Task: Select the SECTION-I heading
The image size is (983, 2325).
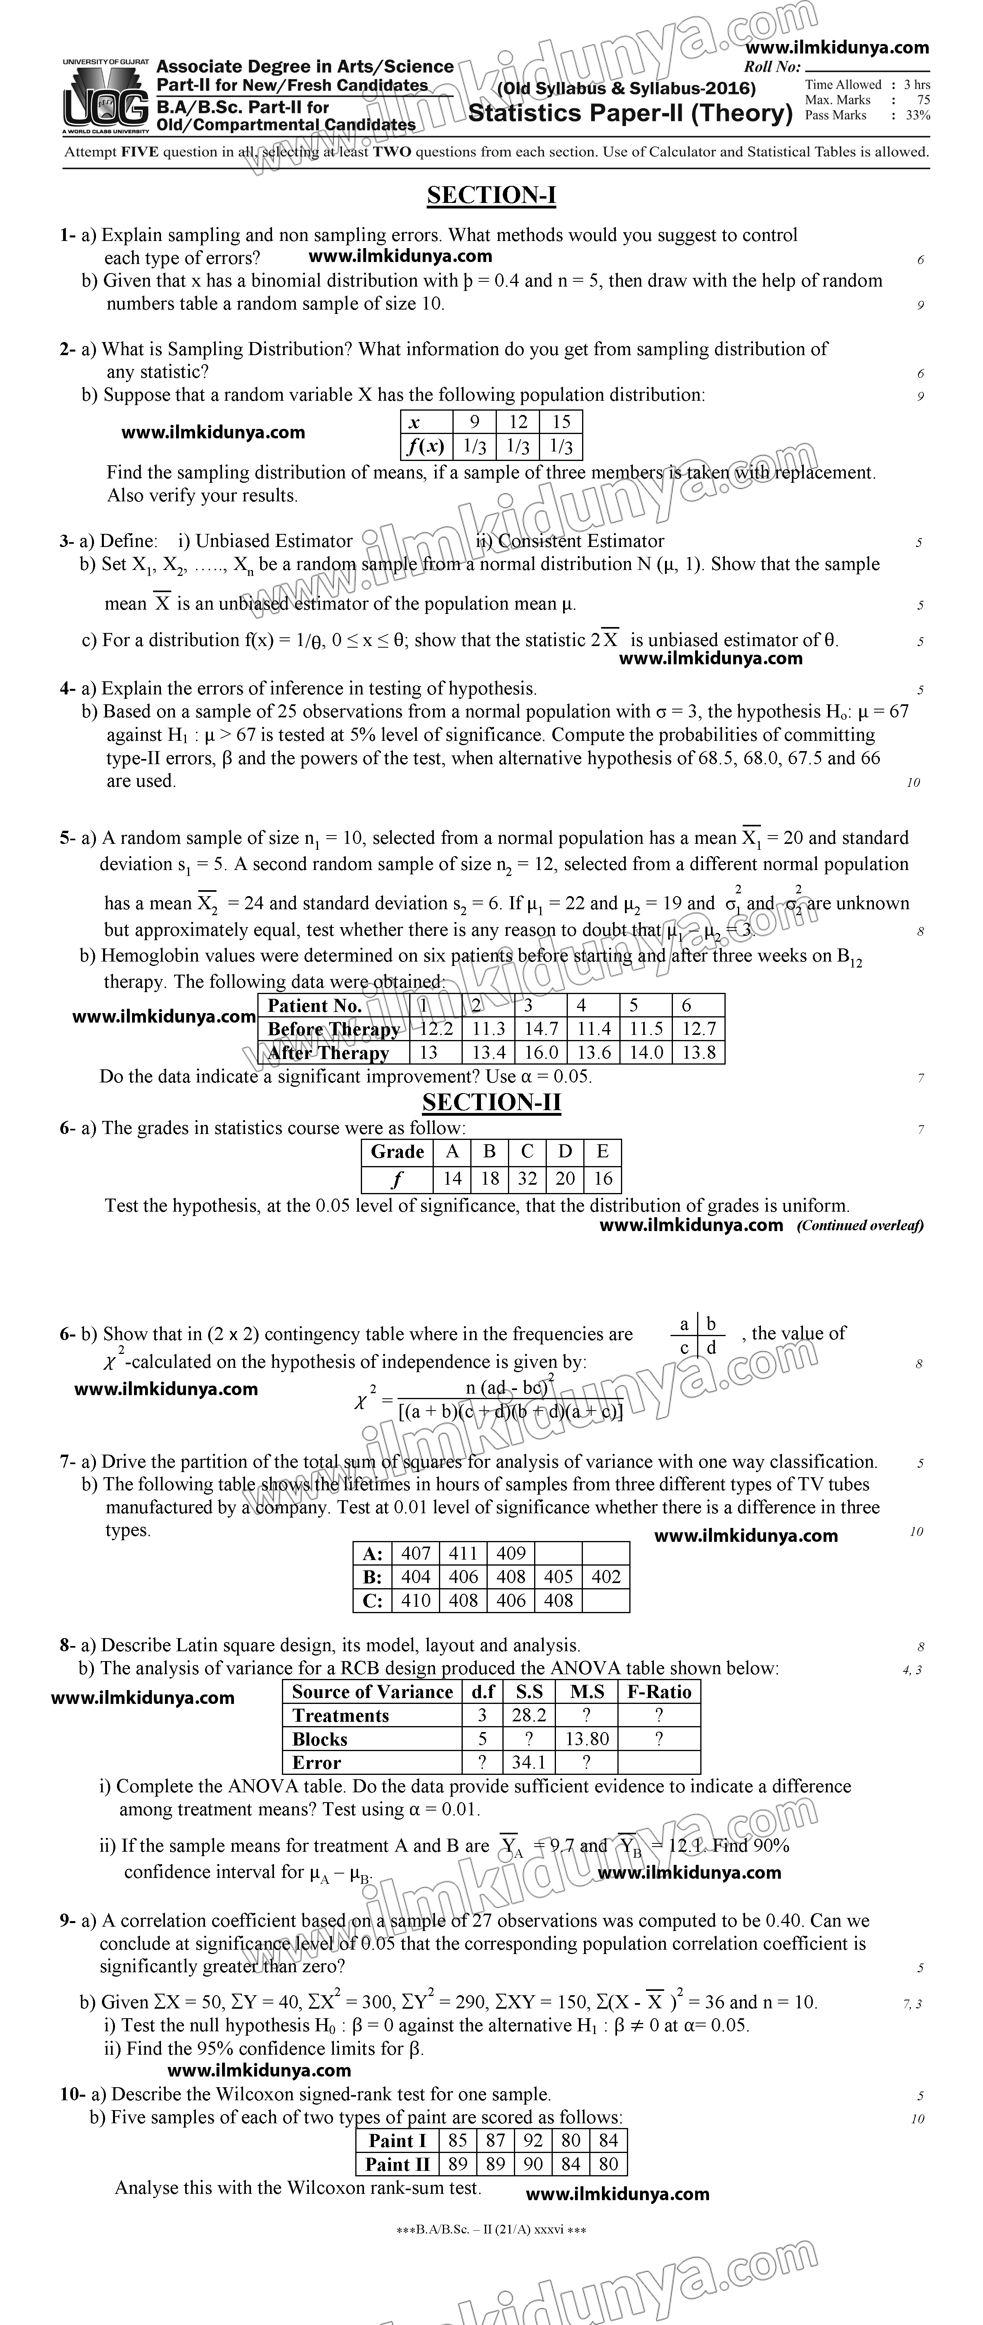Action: coord(491,196)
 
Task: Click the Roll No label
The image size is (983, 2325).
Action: coord(772,67)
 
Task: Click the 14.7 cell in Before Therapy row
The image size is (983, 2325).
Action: coord(541,1029)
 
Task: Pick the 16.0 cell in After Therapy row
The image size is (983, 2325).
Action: coord(541,1052)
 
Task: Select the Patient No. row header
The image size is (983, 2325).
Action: coord(315,1006)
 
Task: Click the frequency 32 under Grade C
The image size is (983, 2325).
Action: coord(527,1179)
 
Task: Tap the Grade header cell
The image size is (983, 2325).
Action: coord(397,1152)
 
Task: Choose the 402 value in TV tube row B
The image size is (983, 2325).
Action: coord(606,1577)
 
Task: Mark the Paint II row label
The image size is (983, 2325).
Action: coord(397,2164)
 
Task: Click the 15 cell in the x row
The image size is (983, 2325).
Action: coord(561,421)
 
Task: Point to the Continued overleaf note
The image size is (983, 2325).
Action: coord(859,1226)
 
